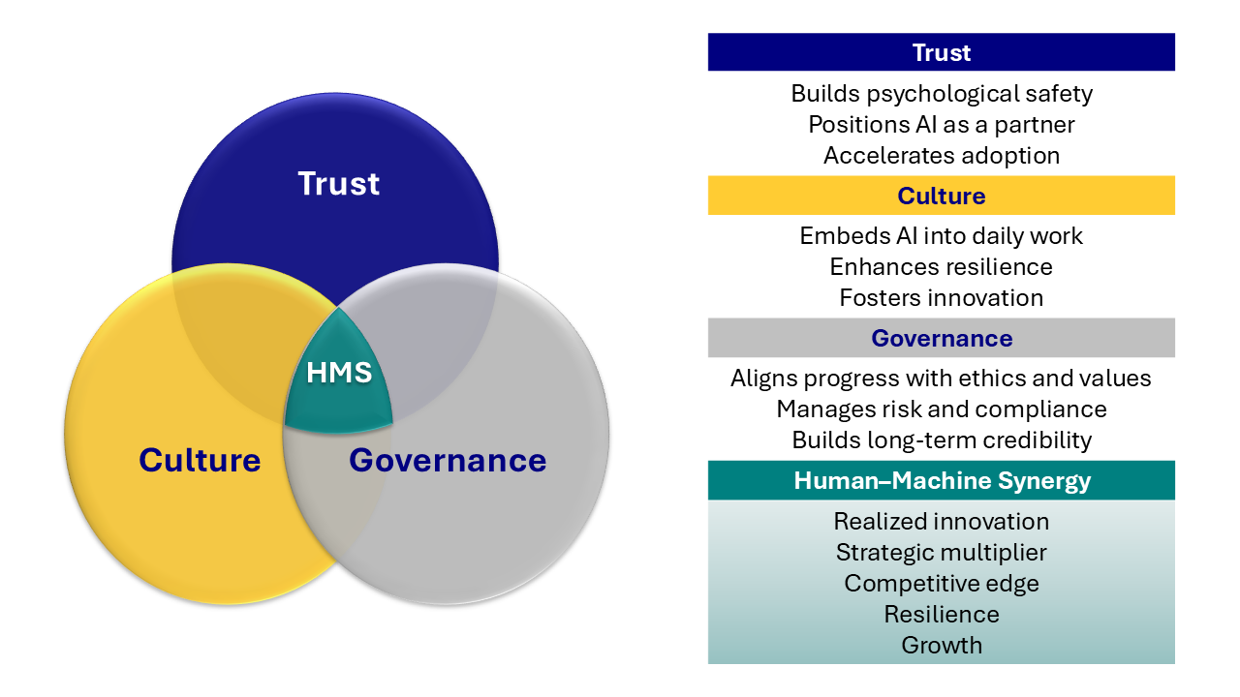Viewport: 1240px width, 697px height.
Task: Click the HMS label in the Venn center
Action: point(339,373)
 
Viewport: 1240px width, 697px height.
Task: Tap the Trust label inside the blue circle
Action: point(338,184)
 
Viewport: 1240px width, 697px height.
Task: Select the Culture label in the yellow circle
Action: point(200,460)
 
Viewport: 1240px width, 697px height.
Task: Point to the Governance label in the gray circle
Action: point(448,460)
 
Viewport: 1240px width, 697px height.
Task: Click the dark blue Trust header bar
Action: point(941,52)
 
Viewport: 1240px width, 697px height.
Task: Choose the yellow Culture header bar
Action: point(941,196)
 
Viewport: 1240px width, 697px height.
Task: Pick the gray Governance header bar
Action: point(941,338)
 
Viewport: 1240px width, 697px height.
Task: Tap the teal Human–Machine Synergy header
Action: point(941,480)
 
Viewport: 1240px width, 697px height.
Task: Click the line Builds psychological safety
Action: point(941,94)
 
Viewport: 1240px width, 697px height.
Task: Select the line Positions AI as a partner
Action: point(941,125)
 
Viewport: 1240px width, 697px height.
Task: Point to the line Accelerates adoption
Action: point(941,156)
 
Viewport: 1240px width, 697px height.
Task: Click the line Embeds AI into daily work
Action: point(941,236)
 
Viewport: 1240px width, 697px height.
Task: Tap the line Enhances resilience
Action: point(941,267)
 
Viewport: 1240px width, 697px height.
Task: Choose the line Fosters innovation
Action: point(941,298)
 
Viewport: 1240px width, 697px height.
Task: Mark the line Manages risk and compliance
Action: point(941,409)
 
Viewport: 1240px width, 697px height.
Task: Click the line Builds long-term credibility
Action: point(941,440)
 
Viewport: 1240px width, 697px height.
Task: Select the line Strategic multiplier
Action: point(941,553)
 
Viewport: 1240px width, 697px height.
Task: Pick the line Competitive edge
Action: point(941,584)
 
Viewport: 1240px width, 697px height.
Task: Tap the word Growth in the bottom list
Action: point(941,646)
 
